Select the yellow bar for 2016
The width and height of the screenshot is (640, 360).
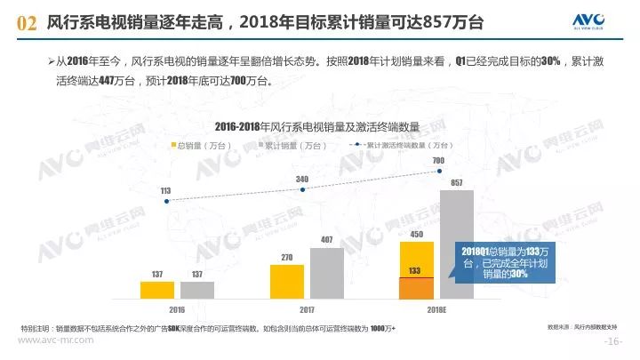click(157, 290)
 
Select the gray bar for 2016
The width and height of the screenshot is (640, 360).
click(196, 290)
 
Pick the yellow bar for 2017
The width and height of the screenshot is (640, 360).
click(286, 281)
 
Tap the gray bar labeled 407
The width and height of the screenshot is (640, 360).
click(326, 273)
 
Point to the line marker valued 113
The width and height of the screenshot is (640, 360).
click(166, 201)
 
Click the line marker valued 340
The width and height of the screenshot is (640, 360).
click(303, 188)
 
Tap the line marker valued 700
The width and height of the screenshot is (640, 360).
click(437, 170)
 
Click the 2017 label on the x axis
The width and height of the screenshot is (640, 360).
click(306, 308)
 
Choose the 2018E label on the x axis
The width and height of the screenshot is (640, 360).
click(436, 308)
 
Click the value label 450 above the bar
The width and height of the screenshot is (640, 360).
click(416, 235)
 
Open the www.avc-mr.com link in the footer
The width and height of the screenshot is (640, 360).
click(56, 340)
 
